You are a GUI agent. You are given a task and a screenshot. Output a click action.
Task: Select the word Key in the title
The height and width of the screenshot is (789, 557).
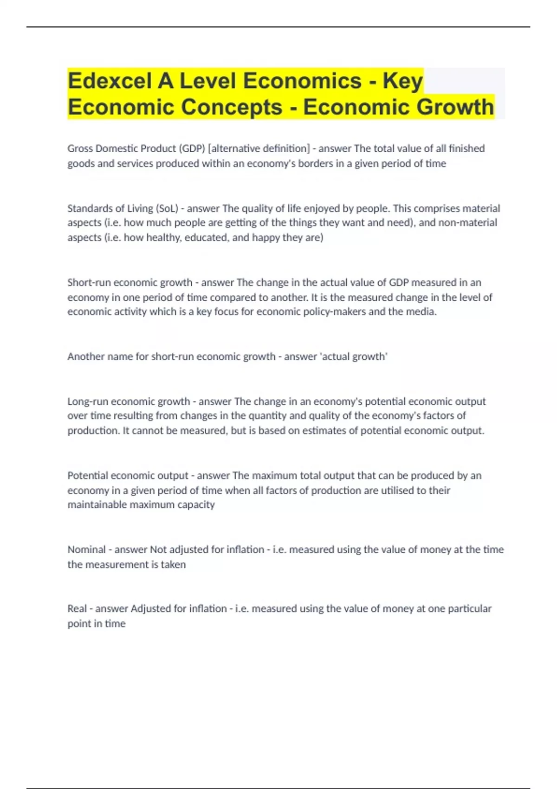[x=402, y=81]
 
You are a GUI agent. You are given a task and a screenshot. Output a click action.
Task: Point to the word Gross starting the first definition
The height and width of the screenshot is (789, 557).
[x=80, y=149]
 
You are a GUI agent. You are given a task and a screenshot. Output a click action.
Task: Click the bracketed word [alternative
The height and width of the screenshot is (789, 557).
[x=233, y=149]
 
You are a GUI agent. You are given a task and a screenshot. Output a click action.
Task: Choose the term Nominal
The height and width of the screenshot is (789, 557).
[x=86, y=550]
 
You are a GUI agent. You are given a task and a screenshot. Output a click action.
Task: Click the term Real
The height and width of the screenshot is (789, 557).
[x=77, y=608]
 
